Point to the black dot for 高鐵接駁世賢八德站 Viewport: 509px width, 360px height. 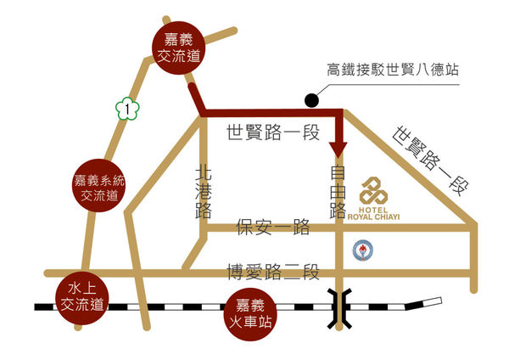point(312,101)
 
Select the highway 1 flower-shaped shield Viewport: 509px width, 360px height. point(126,108)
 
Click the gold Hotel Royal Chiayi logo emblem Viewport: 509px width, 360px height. point(374,191)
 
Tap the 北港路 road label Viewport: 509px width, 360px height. point(204,191)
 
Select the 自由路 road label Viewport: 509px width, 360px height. point(338,191)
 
